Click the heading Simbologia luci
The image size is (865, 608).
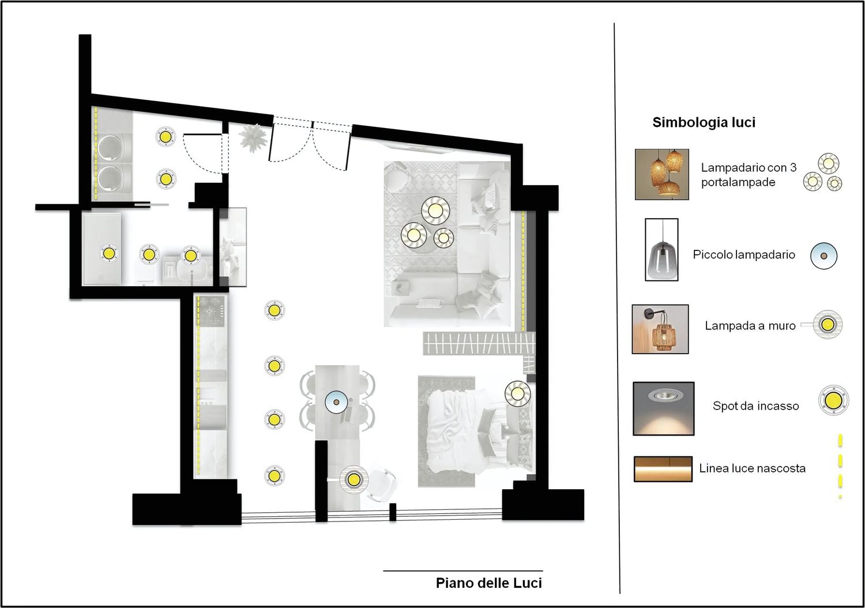pos(704,122)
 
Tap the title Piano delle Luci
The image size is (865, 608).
pos(489,583)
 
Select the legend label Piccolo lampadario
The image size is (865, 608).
pos(744,254)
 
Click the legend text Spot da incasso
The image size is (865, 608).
pos(755,406)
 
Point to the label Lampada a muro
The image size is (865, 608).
pos(750,325)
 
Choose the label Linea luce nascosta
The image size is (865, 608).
pos(752,468)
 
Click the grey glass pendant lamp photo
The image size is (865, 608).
pos(661,250)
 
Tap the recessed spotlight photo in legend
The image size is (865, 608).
pos(663,408)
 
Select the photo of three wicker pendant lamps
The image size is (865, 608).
pos(662,174)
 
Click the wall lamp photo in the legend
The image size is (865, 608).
pos(660,329)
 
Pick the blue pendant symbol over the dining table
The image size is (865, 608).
pos(336,402)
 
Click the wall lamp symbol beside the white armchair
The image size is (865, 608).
pos(353,479)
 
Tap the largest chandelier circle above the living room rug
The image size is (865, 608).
pos(435,211)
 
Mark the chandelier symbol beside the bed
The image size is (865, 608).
pos(517,393)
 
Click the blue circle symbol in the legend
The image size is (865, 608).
pos(823,256)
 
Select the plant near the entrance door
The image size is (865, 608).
pos(253,138)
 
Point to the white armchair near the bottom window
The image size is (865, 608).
pos(381,485)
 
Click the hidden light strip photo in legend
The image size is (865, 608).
pos(663,469)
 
